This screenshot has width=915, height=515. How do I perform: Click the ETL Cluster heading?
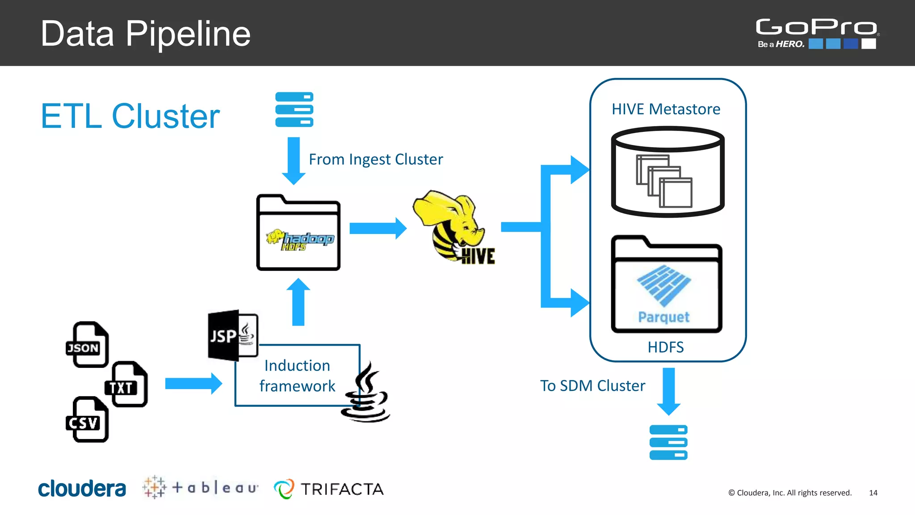(x=130, y=116)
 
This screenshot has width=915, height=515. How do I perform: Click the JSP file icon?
(x=232, y=335)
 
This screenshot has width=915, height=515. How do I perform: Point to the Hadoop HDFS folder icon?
(x=298, y=233)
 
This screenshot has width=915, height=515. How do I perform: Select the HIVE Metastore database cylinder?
(x=667, y=172)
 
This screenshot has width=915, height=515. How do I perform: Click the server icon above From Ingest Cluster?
(x=294, y=110)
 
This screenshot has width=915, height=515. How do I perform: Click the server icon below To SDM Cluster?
(x=668, y=442)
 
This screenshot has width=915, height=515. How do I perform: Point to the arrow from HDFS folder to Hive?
(x=378, y=228)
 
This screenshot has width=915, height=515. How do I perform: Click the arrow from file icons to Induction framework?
(x=193, y=384)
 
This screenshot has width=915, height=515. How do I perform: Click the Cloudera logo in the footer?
(x=82, y=489)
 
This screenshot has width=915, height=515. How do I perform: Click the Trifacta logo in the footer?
(x=329, y=489)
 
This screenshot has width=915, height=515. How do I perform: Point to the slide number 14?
(x=873, y=493)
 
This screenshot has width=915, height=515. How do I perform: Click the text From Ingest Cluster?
(x=376, y=159)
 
